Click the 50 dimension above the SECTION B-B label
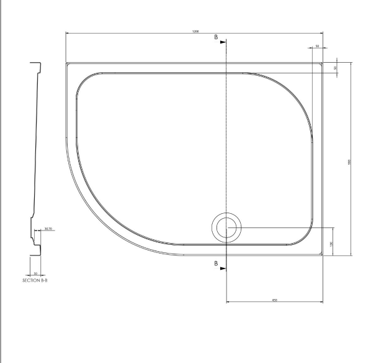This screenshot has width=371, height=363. (35, 273)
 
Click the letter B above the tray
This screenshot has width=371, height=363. (216, 38)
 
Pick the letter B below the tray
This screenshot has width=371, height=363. (216, 264)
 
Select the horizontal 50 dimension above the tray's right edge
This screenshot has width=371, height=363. (316, 47)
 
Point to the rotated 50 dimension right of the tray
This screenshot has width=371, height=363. (335, 67)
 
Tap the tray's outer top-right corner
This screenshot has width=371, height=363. (323, 61)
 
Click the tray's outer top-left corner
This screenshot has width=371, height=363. (65, 61)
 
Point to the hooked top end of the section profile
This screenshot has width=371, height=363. (38, 64)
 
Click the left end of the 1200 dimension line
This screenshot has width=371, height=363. (66, 34)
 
